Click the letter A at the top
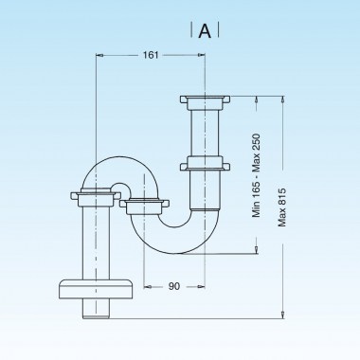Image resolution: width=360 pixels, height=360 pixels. pos(205,30)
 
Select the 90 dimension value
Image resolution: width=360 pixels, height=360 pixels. pos(173,285)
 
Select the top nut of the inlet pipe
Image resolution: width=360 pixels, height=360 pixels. pos(206,99)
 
